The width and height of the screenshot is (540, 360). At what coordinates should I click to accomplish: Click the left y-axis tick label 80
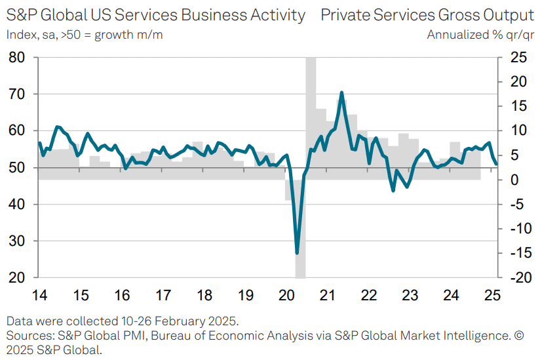coord(17,58)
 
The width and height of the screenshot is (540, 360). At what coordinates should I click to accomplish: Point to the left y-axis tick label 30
coord(17,241)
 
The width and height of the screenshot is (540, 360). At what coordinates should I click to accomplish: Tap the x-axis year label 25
coord(492,294)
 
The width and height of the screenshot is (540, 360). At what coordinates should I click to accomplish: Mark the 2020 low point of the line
coord(298,252)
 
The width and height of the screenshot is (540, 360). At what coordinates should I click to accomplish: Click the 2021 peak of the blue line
coord(341,93)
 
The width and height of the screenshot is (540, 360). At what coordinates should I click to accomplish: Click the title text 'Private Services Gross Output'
coord(427,14)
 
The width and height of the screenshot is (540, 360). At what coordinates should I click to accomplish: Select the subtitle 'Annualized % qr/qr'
coord(480,35)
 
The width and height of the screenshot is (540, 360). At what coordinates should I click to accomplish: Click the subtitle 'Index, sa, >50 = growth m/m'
coord(85,35)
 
